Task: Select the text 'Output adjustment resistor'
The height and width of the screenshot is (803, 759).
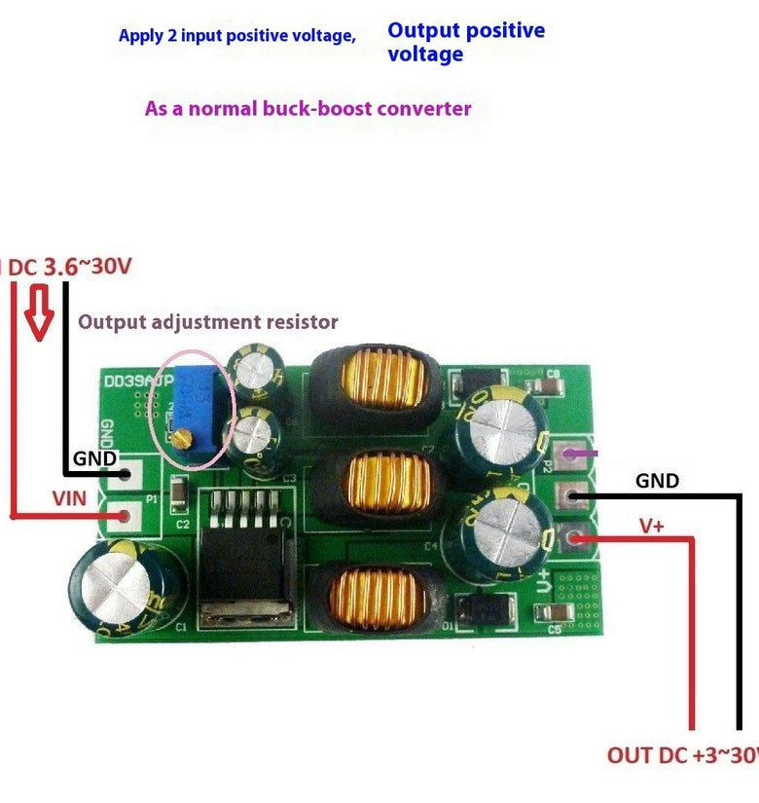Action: [208, 321]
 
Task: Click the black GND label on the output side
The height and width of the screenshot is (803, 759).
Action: [657, 481]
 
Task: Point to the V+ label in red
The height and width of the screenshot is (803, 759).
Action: [652, 526]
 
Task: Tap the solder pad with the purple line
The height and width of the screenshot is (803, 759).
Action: [571, 453]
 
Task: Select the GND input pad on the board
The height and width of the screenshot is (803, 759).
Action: [126, 476]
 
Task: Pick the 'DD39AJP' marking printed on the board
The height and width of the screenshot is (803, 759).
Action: [134, 383]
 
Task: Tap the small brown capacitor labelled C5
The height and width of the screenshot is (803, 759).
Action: [558, 612]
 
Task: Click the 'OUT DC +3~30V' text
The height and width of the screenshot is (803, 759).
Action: [682, 755]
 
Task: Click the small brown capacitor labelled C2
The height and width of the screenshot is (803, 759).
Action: [179, 497]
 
